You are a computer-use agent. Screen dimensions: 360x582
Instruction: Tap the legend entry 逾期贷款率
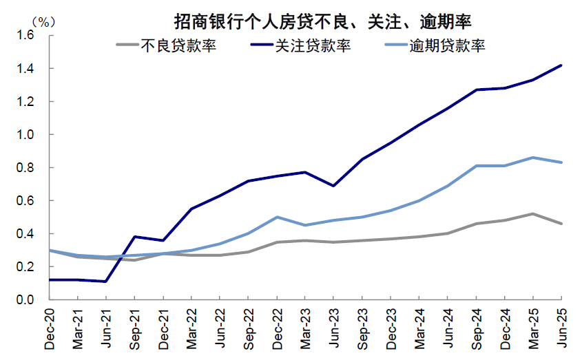pos(447,46)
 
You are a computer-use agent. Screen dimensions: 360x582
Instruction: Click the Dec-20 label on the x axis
pos(49,328)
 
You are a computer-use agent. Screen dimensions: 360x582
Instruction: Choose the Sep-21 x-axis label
pos(134,328)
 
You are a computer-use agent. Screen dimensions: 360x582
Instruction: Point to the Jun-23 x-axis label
pos(333,328)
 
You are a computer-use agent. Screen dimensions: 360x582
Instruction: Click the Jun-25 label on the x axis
pos(561,328)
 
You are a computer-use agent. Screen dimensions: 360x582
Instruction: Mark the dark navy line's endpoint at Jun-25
pos(561,65)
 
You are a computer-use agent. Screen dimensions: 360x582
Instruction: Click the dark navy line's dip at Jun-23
pos(333,186)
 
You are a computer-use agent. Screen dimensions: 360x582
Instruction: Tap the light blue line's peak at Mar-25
pos(532,158)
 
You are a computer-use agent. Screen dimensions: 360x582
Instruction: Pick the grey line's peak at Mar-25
pos(532,214)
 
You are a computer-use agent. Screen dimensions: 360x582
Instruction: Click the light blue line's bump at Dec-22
pos(276,217)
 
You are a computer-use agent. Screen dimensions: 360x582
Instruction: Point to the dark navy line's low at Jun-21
pos(105,282)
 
